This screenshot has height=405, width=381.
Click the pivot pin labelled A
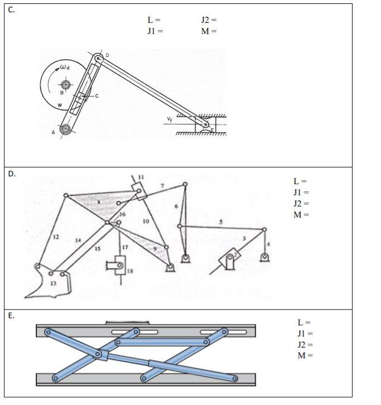[x=65, y=129]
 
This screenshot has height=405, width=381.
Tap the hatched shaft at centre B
[x=65, y=85]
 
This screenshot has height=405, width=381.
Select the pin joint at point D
[x=98, y=58]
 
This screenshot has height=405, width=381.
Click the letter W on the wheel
[x=59, y=105]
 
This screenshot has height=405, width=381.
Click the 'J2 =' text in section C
[x=208, y=20]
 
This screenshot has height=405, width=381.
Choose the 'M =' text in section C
[x=208, y=31]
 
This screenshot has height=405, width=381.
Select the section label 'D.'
[x=12, y=173]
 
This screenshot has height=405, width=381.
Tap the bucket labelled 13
[x=53, y=282]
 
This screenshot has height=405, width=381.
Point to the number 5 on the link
[x=221, y=221]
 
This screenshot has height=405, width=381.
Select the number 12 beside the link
[x=56, y=237]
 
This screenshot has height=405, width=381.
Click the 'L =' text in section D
[x=300, y=181]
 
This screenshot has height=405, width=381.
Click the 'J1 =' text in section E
[x=305, y=333]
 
